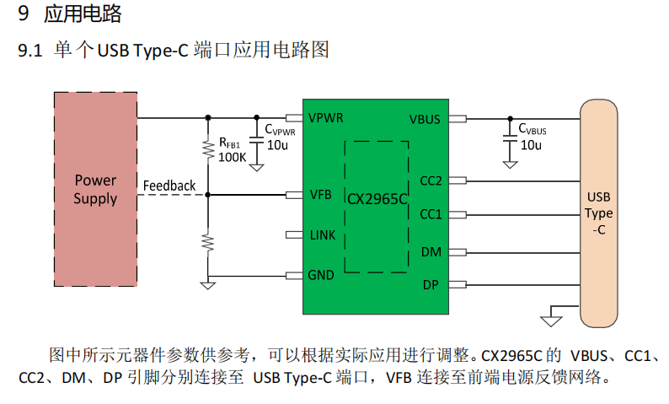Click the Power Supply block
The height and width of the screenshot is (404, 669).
point(95,189)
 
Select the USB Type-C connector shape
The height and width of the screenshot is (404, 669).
point(598,213)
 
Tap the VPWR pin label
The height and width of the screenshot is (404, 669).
point(325,117)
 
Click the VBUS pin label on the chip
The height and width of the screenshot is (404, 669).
point(425,119)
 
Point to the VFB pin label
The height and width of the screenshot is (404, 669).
point(320,195)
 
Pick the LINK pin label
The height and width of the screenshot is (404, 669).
point(324,234)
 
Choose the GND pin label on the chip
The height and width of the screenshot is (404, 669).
point(322,275)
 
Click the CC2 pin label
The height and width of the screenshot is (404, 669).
point(431,180)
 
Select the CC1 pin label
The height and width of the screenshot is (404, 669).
point(431,214)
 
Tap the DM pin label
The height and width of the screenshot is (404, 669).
point(431,251)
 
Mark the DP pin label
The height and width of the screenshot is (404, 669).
point(431,285)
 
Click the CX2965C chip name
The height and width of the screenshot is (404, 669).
point(377,199)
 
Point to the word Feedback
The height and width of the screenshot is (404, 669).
point(169,186)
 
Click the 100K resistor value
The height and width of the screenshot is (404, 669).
point(232,157)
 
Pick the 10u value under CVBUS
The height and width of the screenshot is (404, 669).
point(531,145)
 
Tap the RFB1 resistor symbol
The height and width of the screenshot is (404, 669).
point(208,150)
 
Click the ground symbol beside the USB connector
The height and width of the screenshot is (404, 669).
point(552,319)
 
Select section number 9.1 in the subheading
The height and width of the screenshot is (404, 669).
point(29,51)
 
